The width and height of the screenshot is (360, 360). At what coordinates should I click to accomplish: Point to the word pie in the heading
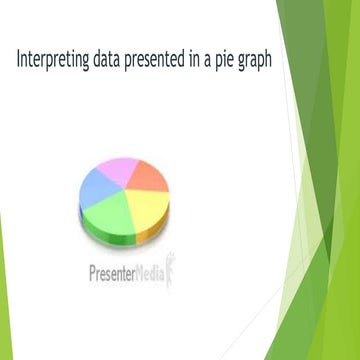(x=236, y=60)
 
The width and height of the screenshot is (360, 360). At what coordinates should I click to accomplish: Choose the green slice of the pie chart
(x=109, y=212)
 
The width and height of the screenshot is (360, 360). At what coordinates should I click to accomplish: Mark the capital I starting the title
(x=19, y=58)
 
